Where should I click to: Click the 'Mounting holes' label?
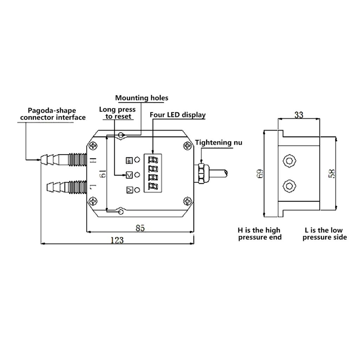point(142,98)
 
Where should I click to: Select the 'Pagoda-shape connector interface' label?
point(53,114)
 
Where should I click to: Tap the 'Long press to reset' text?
point(117,113)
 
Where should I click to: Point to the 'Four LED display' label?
point(178,115)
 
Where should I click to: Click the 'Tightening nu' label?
point(219,143)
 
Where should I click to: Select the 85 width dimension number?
point(140,228)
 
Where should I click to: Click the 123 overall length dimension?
point(117,240)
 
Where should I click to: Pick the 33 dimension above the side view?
point(298,115)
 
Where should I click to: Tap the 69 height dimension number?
point(260,174)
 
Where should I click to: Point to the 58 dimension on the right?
point(332,174)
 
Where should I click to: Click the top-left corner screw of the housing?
point(94,146)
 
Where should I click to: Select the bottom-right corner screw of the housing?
point(187,201)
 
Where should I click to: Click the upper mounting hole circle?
point(121,135)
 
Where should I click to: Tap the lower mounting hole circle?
point(121,212)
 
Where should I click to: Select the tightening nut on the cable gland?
point(201,173)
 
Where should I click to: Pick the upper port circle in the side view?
point(289,161)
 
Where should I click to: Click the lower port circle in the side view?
point(289,185)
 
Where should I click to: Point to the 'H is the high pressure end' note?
point(259,234)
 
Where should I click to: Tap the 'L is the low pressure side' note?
point(324,234)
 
